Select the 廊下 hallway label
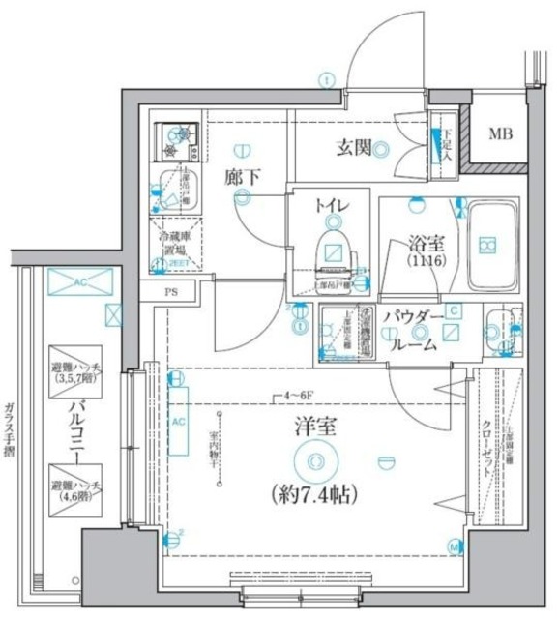tap(242, 177)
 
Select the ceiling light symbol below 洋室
tap(315, 461)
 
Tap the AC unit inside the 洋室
tap(179, 422)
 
